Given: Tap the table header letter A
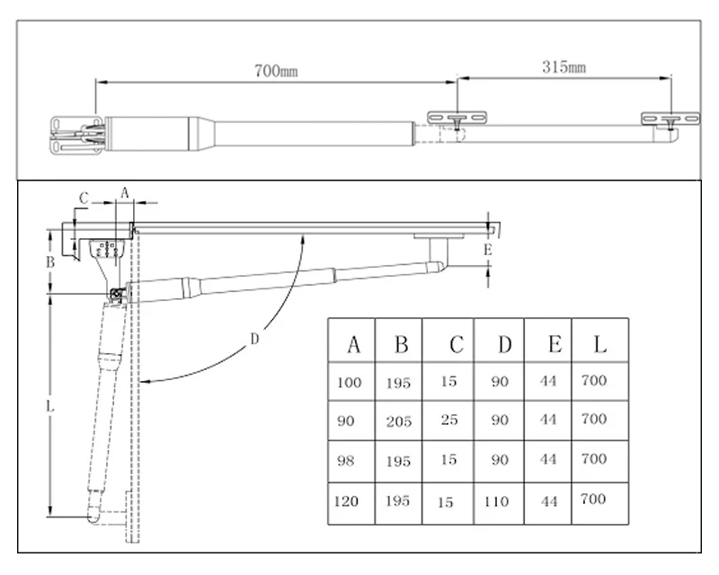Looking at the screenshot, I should click(353, 344).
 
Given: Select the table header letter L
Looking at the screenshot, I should click(599, 344).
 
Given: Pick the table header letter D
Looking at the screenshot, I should click(504, 344).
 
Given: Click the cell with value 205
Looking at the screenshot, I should click(399, 421).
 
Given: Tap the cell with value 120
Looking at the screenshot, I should click(349, 500).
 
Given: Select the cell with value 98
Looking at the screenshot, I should click(349, 461).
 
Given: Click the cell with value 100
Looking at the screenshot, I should click(349, 382).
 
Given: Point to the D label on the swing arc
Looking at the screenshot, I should click(254, 339).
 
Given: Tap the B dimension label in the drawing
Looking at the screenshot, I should click(51, 262).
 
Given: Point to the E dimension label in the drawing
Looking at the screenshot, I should click(487, 250).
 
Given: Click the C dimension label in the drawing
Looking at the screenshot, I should click(84, 198).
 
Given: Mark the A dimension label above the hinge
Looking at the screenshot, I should click(125, 191).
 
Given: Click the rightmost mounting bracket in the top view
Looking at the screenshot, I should click(670, 119).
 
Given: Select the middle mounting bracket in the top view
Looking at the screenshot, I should click(457, 119).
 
